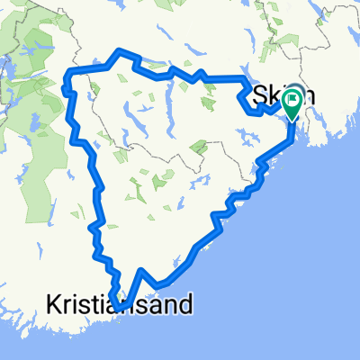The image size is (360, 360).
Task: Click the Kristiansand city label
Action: tap(118, 306)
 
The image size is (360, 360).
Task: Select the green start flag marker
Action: tap(292, 105)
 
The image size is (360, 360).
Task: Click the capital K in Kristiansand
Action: tap(50, 306)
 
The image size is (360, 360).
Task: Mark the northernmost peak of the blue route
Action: tap(116, 50)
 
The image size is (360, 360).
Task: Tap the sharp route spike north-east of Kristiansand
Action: tap(142, 270)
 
